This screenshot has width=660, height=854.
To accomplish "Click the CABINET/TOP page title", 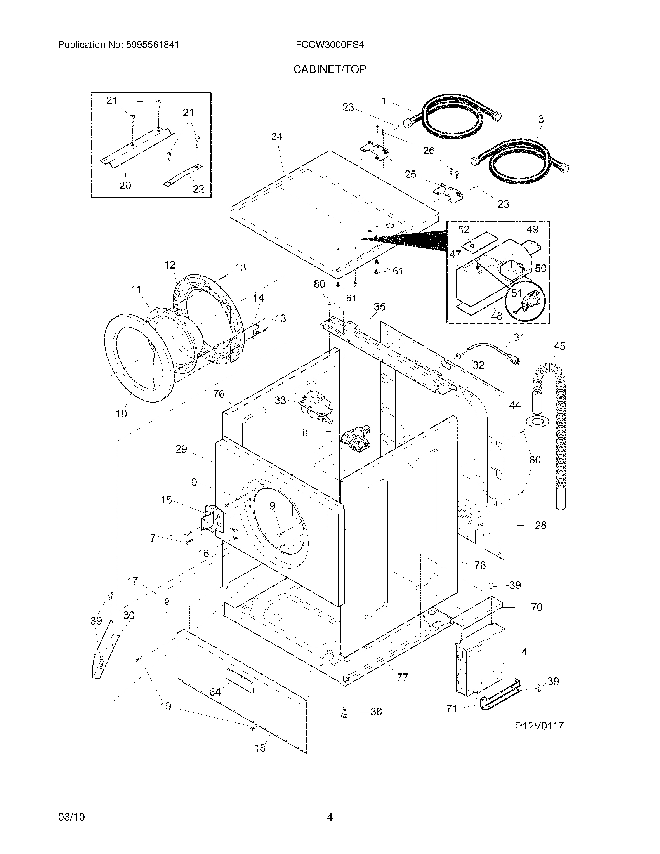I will (330, 69).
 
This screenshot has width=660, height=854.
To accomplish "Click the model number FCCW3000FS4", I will (330, 45).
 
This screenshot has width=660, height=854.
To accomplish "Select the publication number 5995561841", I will (152, 45).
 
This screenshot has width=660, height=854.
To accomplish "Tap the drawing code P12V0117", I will (539, 726).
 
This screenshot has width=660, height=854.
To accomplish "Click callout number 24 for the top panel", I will (276, 137).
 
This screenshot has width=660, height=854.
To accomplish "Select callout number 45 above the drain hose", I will (559, 346).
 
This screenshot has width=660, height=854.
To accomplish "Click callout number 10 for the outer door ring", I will (121, 413).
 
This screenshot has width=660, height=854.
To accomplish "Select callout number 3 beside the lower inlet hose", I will (541, 119).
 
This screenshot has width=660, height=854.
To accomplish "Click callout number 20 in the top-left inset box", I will (125, 185).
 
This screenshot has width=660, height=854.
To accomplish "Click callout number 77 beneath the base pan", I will (402, 677).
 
